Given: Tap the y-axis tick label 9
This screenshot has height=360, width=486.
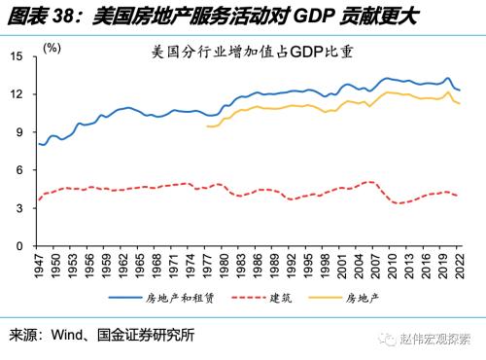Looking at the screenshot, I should (20, 133).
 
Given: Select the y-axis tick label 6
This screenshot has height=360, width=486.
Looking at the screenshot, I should (20, 171).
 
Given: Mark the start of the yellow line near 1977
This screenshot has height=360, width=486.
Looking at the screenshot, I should (207, 126).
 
